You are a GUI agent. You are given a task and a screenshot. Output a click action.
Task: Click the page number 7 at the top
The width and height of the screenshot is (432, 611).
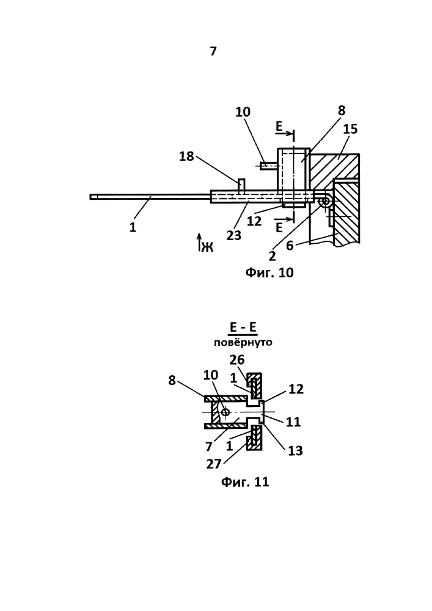coord(213,51)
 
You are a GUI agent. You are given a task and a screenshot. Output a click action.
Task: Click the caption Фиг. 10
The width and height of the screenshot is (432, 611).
coord(269,272)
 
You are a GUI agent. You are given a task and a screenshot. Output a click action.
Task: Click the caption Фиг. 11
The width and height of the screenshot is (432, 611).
coord(245,482)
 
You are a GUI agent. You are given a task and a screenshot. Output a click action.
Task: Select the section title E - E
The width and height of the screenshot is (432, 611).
coord(243,326)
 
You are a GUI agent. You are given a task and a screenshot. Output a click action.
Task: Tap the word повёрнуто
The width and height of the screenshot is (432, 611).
coord(243,343)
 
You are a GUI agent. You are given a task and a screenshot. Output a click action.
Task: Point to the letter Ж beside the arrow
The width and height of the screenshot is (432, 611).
coord(208,247)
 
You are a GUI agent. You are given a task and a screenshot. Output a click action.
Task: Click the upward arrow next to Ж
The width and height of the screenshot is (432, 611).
coord(199,242)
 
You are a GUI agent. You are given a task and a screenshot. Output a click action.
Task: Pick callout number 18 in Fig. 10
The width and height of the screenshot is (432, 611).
coord(186,156)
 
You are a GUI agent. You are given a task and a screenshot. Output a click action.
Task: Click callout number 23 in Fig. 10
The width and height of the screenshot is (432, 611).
coord(234,235)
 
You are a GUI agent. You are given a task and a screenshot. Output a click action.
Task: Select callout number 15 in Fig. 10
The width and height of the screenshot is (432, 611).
coord(350,129)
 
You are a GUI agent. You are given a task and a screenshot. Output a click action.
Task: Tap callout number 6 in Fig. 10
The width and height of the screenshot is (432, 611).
coord(290,245)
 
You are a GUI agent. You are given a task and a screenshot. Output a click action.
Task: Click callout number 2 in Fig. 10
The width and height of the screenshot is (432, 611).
coord(273,255)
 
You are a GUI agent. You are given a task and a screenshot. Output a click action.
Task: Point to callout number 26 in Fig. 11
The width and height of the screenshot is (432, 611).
coord(237,360)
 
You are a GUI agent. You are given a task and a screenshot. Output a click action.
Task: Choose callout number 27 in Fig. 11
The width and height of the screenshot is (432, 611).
coord(214,464)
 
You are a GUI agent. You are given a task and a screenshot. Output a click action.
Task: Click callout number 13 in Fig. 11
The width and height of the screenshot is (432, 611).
coord(295,451)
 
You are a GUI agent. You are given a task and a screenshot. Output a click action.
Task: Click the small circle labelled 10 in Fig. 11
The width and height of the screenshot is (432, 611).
coord(225,412)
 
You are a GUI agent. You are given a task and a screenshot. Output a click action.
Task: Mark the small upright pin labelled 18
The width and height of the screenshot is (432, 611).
coord(241,185)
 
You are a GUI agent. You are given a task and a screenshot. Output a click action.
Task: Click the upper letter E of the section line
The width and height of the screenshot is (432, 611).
coord(279,126)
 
